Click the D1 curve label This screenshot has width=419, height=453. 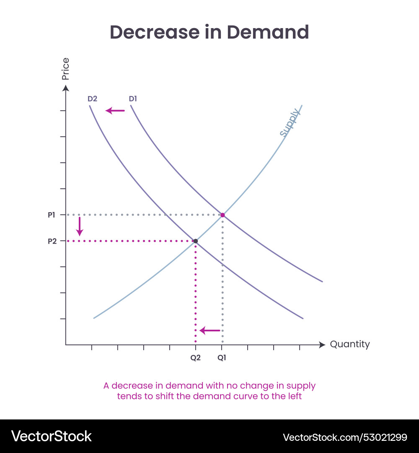pos(133,99)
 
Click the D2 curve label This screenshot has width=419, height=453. pos(92,99)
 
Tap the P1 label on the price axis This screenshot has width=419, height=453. pos(51,215)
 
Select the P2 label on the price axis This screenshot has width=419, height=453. pos(51,241)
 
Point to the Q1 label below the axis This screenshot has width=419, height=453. pos(222,358)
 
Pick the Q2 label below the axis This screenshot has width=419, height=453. pos(195,358)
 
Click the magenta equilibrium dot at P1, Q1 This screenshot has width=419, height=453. pos(222,215)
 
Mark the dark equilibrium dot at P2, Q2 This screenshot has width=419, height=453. pos(195,241)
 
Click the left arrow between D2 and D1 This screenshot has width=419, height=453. pos(115,111)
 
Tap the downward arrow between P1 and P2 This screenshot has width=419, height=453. pos(80,226)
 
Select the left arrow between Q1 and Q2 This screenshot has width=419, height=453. pos(210,331)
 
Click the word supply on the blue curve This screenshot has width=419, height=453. pos(290,122)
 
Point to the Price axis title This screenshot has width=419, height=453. pos(65,69)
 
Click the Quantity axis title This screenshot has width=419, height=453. pos(350,344)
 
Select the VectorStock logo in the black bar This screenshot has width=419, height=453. pos(51,436)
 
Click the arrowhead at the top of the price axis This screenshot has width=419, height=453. pos(65,88)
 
